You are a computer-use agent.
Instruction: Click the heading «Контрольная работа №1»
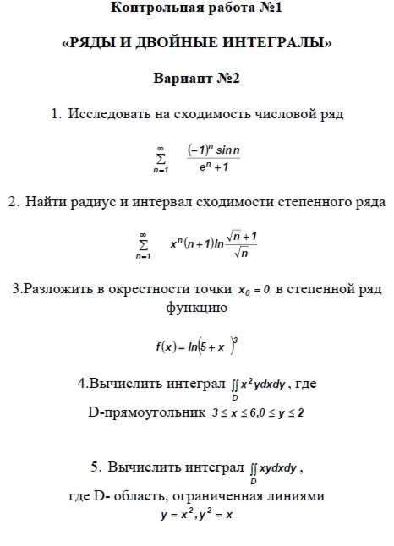[x=197, y=10]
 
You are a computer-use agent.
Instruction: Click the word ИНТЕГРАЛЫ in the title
[x=279, y=43]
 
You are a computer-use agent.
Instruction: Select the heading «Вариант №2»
[x=197, y=79]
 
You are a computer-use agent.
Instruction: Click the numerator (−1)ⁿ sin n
[x=215, y=150]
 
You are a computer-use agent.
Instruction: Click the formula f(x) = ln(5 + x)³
[x=197, y=347]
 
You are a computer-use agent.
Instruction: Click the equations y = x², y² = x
[x=197, y=514]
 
